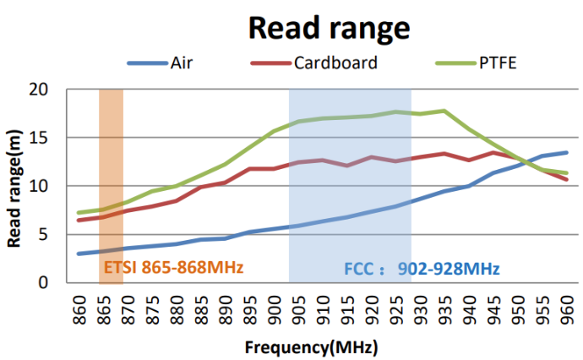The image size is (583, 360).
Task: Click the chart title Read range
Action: click(330, 28)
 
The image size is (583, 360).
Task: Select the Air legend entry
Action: click(184, 63)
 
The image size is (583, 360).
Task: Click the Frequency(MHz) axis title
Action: click(311, 347)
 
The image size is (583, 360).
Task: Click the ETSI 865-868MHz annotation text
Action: click(173, 269)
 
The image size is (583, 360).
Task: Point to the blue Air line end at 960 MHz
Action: click(566, 153)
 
